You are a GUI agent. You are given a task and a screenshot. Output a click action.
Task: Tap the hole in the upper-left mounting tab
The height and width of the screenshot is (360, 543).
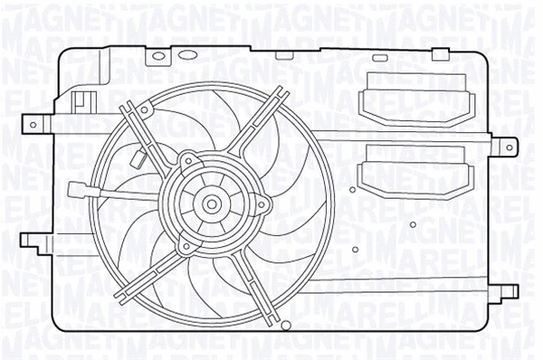33,122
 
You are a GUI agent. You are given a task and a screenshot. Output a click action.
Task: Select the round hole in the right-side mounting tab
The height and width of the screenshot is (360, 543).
509,143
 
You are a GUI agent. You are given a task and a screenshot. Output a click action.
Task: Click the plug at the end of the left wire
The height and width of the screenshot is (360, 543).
76,190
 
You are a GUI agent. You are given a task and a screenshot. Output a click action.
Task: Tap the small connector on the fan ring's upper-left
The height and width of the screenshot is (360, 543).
138,160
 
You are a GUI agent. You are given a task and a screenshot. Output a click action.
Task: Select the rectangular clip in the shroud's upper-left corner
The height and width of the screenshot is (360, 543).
82,99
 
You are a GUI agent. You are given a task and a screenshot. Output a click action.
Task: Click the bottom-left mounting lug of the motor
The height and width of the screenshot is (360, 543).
186,245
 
